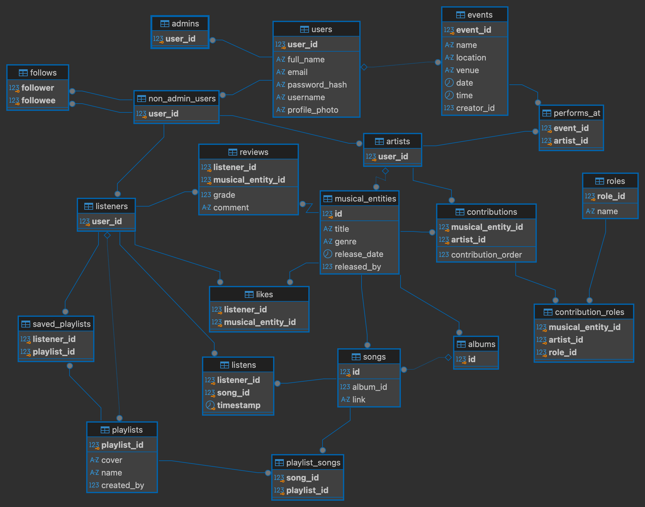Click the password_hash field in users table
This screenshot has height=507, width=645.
point(317,85)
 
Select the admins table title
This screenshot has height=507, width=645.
point(185,24)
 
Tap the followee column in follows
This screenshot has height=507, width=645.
point(38,100)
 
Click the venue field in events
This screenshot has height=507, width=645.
point(468,70)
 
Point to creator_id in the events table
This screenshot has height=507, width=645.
point(475,108)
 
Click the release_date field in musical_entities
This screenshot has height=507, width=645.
point(359,254)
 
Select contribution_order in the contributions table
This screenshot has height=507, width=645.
point(486,255)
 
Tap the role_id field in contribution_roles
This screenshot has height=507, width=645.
point(563,352)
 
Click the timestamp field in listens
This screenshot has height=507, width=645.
point(239,405)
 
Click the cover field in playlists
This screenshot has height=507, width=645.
point(112,460)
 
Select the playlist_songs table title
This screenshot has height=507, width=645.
point(313,463)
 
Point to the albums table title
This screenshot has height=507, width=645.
point(482,344)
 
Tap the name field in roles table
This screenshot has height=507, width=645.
point(608,211)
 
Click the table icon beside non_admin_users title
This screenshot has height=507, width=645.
point(142,99)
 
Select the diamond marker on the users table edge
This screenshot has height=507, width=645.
point(364,67)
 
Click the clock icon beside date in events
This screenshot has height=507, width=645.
point(449,83)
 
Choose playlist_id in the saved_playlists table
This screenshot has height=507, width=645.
point(54,352)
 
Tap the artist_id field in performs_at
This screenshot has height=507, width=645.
point(571,141)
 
